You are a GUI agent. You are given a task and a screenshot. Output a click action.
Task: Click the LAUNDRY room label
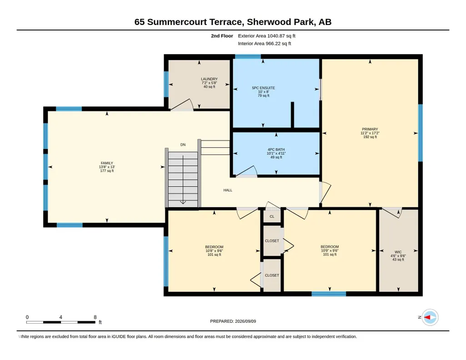tap(209, 79)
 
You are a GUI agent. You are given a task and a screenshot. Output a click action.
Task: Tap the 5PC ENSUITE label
tap(263, 88)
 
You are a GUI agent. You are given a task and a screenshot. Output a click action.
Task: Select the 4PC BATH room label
tap(276, 150)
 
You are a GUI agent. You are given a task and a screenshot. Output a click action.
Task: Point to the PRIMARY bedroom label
tap(370, 129)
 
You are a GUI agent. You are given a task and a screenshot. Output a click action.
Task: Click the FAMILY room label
tap(107, 163)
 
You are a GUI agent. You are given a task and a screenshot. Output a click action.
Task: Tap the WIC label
tap(398, 252)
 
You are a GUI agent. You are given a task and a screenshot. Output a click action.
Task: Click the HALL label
tap(228, 190)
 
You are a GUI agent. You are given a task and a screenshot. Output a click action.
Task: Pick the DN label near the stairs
tap(183, 145)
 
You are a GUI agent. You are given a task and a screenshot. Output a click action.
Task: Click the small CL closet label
tap(272, 216)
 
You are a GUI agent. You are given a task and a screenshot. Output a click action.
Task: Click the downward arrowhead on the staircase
tap(183, 202)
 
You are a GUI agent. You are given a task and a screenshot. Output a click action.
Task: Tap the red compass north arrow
tap(427, 318)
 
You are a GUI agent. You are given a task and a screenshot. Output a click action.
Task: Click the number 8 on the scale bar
tap(95, 317)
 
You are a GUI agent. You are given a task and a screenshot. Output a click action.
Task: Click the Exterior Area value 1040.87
tap(276, 36)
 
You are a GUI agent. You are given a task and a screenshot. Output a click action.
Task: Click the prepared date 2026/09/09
tap(246, 321)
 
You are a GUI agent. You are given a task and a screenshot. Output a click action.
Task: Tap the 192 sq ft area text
tap(370, 137)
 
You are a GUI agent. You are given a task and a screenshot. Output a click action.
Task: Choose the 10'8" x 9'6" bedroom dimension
tap(214, 251)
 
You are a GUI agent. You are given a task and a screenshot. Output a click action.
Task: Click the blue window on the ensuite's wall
tap(248, 56)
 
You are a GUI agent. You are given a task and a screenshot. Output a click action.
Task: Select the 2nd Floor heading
tap(222, 36)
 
